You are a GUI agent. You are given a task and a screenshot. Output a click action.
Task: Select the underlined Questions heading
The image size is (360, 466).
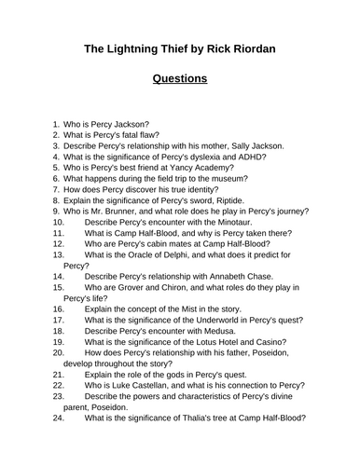point(180,78)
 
